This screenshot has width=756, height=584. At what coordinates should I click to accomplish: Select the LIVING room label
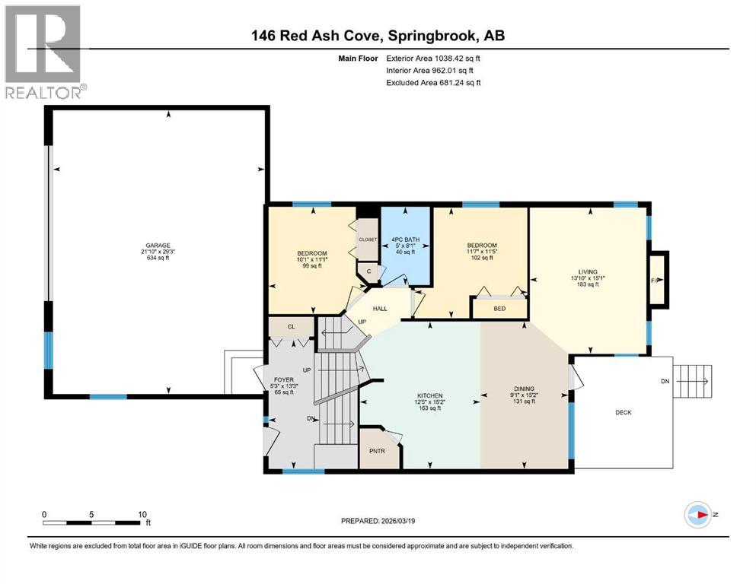point(587,271)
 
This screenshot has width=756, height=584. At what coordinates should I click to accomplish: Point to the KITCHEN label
point(429,396)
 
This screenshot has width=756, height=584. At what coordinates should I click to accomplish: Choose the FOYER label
point(283,379)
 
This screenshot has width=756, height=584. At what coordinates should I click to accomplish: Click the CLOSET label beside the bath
point(368,239)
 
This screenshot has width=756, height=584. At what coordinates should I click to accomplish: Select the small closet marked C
point(368,270)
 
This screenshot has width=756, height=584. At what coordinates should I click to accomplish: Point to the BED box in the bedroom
point(499,308)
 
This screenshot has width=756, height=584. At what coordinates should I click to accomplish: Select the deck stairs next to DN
point(694,376)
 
